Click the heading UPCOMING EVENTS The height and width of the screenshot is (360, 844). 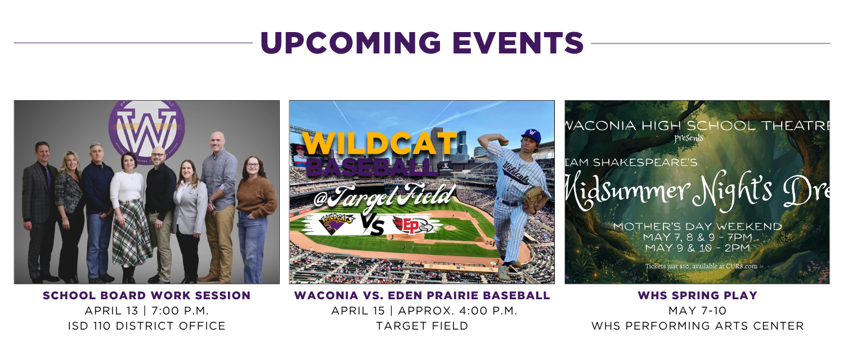click(421, 43)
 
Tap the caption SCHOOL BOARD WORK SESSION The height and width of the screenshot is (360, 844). click(146, 295)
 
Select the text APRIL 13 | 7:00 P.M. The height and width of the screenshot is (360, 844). click(146, 310)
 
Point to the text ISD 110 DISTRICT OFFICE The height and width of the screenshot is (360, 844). click(146, 326)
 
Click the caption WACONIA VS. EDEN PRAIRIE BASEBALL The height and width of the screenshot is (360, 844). click(422, 295)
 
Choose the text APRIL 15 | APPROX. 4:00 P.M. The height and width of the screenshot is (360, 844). click(422, 310)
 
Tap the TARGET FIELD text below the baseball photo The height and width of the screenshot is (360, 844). click(422, 326)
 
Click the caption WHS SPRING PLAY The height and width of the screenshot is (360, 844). click(697, 295)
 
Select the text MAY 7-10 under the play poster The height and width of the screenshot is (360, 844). click(697, 310)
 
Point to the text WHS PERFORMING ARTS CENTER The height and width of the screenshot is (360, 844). click(697, 326)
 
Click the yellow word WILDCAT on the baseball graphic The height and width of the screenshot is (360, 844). click(380, 145)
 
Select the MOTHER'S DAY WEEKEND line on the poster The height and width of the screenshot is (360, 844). click(697, 227)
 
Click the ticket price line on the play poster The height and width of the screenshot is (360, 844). click(701, 266)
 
